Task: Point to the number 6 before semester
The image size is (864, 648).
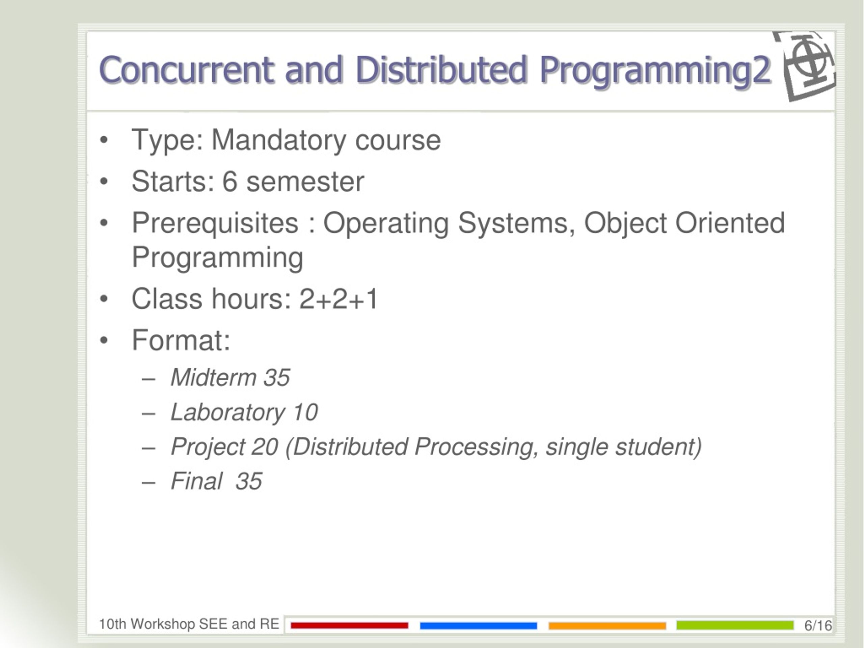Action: point(230,182)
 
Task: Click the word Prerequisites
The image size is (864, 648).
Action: point(215,223)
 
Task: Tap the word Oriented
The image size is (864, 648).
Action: point(730,223)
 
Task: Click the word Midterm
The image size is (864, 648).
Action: point(213,378)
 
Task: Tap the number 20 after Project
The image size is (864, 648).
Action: point(265,447)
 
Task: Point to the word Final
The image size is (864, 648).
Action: point(196,481)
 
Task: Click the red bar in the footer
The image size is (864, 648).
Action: point(350,626)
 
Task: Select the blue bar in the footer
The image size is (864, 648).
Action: point(479,626)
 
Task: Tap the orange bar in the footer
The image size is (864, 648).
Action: point(607,626)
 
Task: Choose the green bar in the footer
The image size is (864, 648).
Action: point(735,625)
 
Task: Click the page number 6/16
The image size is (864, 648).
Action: point(818,626)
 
